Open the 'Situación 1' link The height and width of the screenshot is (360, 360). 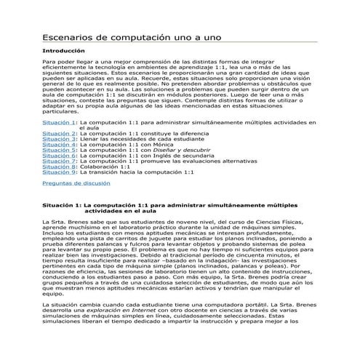pyautogui.click(x=59, y=124)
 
